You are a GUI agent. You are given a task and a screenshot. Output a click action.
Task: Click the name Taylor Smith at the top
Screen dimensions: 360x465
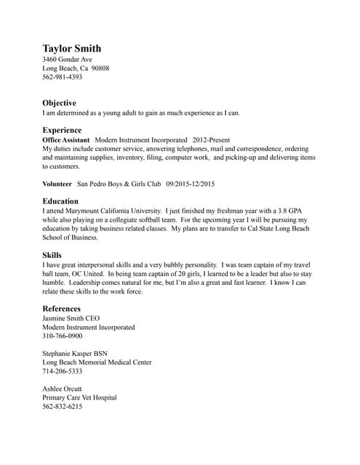click(x=71, y=49)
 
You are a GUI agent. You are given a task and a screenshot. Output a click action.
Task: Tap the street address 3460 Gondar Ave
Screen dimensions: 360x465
click(x=67, y=59)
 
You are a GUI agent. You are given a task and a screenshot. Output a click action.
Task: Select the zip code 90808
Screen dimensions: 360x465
click(x=99, y=68)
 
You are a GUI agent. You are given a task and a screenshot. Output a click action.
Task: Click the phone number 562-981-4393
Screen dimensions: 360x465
click(x=62, y=76)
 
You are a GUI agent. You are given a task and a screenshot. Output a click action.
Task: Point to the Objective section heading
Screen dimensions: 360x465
click(x=59, y=103)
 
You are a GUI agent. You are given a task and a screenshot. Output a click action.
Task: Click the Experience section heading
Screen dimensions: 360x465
click(x=62, y=129)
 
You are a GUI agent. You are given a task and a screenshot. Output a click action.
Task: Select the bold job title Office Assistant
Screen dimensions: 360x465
click(x=65, y=139)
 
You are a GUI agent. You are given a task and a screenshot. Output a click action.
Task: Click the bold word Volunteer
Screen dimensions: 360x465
click(x=57, y=184)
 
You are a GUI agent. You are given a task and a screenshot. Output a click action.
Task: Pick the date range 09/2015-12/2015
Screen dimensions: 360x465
click(x=191, y=184)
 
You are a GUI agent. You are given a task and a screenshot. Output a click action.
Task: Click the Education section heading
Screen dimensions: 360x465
click(x=60, y=201)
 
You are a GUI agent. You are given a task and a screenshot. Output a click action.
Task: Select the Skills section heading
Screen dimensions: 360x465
click(x=52, y=255)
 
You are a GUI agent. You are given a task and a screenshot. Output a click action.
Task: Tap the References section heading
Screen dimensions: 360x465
click(x=62, y=309)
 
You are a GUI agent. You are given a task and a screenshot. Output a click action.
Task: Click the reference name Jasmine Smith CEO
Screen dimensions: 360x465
click(x=71, y=318)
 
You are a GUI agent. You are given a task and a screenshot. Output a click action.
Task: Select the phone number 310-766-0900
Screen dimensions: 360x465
click(x=62, y=336)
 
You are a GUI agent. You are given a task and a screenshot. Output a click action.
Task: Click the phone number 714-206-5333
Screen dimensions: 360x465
click(x=62, y=371)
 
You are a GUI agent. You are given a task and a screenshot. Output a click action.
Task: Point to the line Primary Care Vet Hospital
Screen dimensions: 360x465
click(x=79, y=397)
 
